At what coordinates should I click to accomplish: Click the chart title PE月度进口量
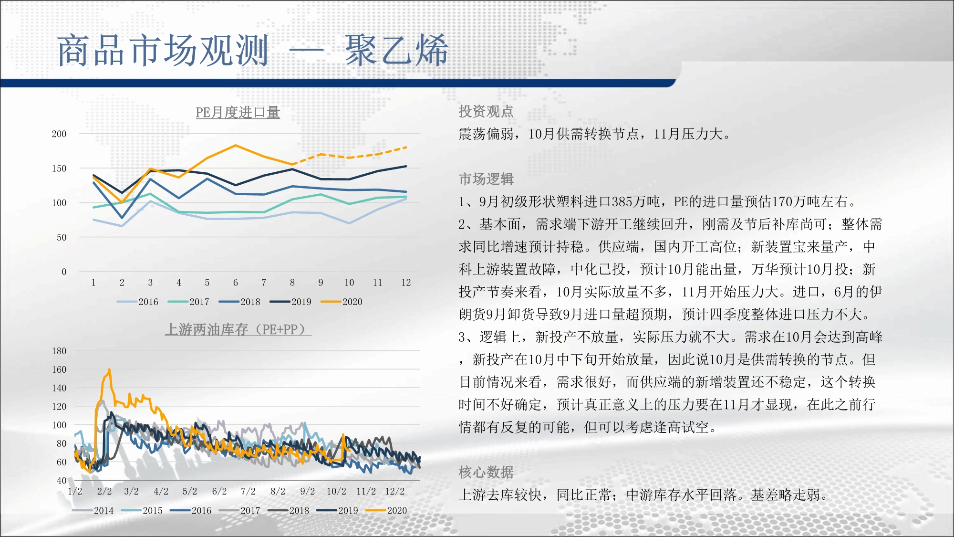click(x=238, y=113)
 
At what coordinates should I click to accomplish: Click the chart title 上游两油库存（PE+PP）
click(x=238, y=329)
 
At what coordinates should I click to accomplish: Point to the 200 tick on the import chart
click(x=59, y=134)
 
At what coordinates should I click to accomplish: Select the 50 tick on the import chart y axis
click(x=62, y=237)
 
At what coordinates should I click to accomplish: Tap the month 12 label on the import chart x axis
click(x=406, y=283)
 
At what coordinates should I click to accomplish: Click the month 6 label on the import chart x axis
click(x=236, y=283)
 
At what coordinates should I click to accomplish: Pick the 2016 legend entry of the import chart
click(x=137, y=302)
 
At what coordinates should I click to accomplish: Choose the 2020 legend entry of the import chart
click(x=342, y=302)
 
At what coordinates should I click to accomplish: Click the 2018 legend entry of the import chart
click(x=239, y=302)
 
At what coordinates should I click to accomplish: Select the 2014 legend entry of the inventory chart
click(x=93, y=510)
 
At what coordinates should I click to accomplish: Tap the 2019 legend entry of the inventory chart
click(x=337, y=510)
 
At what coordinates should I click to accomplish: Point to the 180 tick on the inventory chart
click(x=59, y=351)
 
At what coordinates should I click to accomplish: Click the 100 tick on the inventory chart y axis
click(x=59, y=425)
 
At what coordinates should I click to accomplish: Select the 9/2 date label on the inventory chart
click(x=308, y=491)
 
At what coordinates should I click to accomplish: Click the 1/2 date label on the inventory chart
click(x=75, y=491)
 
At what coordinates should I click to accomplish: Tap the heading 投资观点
click(x=486, y=111)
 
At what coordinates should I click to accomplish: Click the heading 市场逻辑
click(x=486, y=179)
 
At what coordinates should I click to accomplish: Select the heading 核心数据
click(x=486, y=472)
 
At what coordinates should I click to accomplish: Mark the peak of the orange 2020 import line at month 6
click(x=236, y=145)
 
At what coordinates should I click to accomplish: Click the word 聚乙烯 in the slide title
click(x=397, y=50)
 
